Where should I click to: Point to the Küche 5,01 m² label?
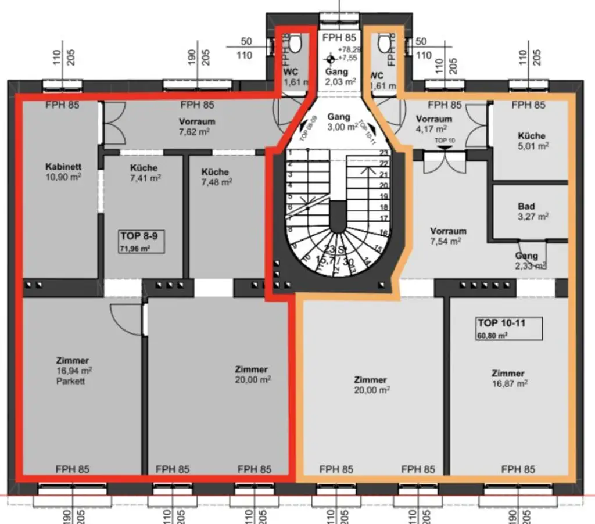tap(532, 141)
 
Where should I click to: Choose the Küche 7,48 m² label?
tap(216, 177)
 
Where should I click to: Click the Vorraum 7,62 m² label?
tap(197, 126)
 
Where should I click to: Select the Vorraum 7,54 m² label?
tap(448, 235)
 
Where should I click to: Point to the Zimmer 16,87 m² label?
tap(508, 378)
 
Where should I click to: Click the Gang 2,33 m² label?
tap(526, 260)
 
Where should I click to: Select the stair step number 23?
tap(383, 153)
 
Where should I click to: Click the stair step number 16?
tap(383, 232)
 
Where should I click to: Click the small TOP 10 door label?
tap(445, 141)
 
